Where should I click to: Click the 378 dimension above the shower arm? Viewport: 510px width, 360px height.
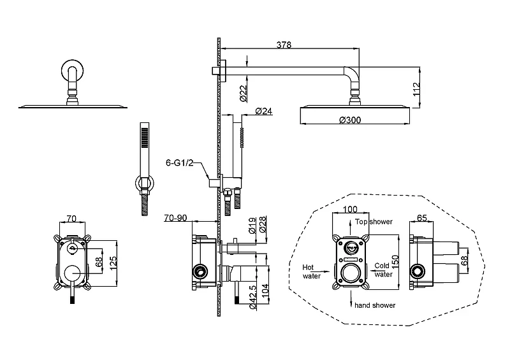(x=284, y=45)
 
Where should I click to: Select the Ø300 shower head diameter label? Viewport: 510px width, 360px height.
(x=350, y=120)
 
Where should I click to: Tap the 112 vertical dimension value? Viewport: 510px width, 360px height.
(x=416, y=89)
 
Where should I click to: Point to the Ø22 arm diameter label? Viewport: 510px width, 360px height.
(x=244, y=93)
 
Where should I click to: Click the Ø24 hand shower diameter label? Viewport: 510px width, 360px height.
(x=263, y=111)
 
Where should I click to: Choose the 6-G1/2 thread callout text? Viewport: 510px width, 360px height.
(x=180, y=162)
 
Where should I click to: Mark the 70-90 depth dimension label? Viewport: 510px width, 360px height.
(x=175, y=217)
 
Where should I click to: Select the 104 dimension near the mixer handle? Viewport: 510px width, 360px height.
(x=265, y=292)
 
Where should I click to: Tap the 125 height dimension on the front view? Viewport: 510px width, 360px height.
(x=113, y=264)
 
